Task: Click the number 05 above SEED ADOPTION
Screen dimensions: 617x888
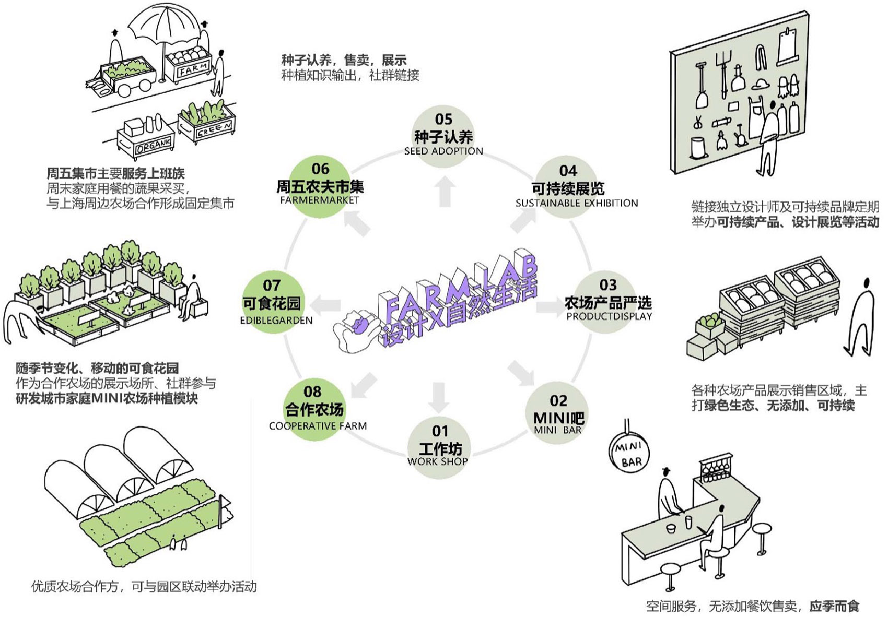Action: point(443,119)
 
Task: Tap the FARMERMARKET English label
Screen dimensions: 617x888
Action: point(319,200)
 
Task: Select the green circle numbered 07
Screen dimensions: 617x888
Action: point(272,303)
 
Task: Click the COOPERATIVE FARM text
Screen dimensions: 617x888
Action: point(318,426)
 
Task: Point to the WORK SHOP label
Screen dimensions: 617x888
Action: point(437,461)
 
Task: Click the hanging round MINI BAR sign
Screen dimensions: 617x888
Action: point(628,454)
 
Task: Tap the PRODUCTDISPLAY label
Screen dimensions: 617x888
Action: point(609,316)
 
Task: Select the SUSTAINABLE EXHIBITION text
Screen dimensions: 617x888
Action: point(577,203)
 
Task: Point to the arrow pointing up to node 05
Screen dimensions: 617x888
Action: point(445,192)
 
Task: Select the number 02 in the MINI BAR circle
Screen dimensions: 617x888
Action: point(558,400)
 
